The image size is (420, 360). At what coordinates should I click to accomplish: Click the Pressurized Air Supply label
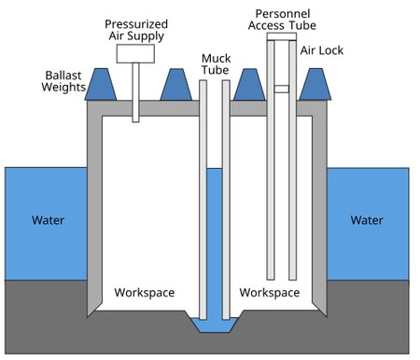coord(135,29)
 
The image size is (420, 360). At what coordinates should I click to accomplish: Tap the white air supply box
coord(135,53)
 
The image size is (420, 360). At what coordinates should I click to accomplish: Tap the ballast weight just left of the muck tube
coord(175,85)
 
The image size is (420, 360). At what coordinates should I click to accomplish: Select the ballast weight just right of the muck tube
coord(246,85)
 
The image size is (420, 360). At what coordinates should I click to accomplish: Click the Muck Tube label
coord(216,64)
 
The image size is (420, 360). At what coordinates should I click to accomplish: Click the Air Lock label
coord(319,50)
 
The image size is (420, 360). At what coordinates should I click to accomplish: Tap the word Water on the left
coord(49,221)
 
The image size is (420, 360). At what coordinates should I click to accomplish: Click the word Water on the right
coord(367,221)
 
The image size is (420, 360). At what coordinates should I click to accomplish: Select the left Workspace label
coord(144,293)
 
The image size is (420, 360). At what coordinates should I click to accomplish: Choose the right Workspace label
coord(270,293)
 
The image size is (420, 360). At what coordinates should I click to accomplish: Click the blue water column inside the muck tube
coord(213,242)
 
